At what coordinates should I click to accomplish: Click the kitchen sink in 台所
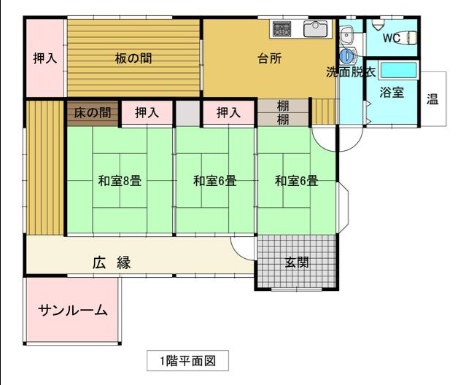pyautogui.click(x=315, y=29)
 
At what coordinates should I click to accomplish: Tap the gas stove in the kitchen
pyautogui.click(x=281, y=29)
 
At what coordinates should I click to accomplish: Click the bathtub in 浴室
pyautogui.click(x=398, y=70)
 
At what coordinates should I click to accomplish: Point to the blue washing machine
pyautogui.click(x=348, y=55)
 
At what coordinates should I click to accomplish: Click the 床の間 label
pyautogui.click(x=93, y=113)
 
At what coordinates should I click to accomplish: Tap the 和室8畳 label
pyautogui.click(x=120, y=181)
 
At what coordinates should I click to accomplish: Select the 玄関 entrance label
pyautogui.click(x=297, y=262)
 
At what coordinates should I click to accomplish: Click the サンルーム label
pyautogui.click(x=73, y=311)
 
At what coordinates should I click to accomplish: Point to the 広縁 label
pyautogui.click(x=112, y=262)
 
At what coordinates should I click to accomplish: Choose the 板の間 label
pyautogui.click(x=133, y=58)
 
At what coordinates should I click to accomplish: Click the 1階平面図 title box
pyautogui.click(x=187, y=361)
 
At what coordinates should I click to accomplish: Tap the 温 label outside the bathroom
pyautogui.click(x=432, y=99)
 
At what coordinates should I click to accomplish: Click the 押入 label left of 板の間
pyautogui.click(x=45, y=58)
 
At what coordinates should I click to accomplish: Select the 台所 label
pyautogui.click(x=270, y=58)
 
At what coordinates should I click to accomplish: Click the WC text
pyautogui.click(x=392, y=38)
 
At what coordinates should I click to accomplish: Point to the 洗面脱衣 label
pyautogui.click(x=351, y=72)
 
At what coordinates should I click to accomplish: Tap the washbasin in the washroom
pyautogui.click(x=346, y=34)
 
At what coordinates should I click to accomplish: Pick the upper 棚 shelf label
pyautogui.click(x=283, y=106)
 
